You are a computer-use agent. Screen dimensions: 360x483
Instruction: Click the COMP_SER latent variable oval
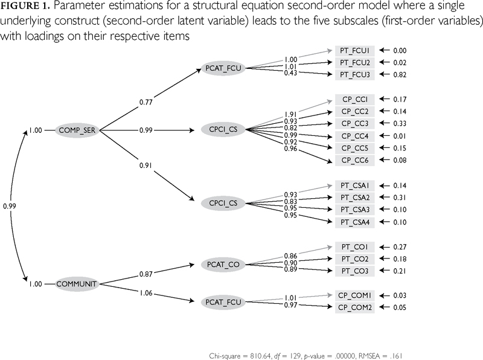pos(78,129)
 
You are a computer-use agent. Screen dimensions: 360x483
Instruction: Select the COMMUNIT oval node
pos(77,283)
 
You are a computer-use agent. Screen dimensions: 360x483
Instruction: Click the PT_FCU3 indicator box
pos(354,74)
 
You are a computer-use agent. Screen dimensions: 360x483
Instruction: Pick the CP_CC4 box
pos(354,136)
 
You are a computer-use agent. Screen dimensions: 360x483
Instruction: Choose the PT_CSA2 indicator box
pos(354,198)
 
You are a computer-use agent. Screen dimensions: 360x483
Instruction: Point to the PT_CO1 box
pos(354,247)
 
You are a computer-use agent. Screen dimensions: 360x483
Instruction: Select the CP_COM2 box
pos(354,308)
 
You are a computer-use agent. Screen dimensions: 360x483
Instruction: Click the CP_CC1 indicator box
pos(354,99)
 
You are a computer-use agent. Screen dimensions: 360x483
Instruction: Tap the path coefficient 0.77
pos(146,103)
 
